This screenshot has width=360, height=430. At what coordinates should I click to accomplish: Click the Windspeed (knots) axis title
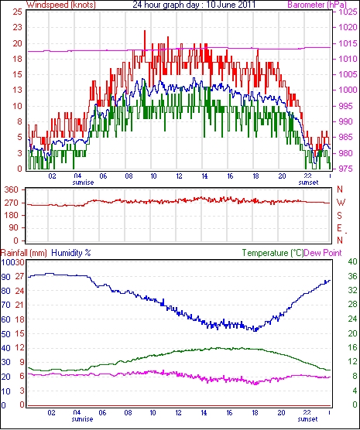(61, 5)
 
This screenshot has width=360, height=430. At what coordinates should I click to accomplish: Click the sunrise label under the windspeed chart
(83, 183)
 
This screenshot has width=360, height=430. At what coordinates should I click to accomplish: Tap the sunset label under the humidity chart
(308, 419)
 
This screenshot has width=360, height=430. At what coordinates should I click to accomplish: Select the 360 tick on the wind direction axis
(12, 189)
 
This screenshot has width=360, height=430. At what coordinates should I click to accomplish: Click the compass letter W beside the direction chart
(341, 203)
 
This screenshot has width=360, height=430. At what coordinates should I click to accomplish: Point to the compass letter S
(339, 216)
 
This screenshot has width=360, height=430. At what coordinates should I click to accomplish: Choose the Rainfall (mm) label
(24, 253)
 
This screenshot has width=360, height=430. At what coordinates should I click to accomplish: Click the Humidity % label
(71, 253)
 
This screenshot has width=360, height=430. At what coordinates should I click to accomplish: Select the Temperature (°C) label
(273, 253)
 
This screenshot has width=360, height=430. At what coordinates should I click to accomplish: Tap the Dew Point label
(323, 253)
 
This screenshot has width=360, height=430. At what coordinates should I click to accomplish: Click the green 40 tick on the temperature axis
(352, 262)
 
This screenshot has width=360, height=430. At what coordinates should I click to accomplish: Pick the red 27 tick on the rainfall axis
(19, 276)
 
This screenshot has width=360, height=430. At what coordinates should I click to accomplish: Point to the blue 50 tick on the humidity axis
(5, 334)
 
